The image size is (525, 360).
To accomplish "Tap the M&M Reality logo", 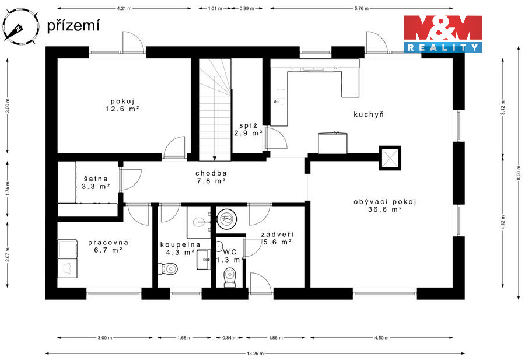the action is point(443,33).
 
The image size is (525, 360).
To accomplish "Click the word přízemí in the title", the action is point(73,26).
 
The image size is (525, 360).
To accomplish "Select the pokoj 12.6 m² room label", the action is point(123,105).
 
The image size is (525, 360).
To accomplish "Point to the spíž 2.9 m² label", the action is point(248,130).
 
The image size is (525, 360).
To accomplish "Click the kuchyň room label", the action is point(369,114).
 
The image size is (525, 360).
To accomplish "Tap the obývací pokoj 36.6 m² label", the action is point(385,205).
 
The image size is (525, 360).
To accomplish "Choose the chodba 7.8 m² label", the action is point(211,177).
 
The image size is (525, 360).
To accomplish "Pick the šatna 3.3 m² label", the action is point(96,183).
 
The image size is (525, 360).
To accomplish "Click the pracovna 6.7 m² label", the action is point(108,246).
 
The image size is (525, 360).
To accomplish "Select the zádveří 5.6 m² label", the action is point(277,238).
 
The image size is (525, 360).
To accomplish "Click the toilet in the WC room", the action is point(230,278).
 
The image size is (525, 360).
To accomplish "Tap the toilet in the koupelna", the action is point(167,268).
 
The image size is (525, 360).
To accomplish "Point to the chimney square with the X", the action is point(390,158).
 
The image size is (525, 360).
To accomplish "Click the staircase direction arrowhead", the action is point(215,158).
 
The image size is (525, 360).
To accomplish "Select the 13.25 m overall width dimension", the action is point(255,354).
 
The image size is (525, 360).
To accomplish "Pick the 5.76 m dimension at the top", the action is point(361,8).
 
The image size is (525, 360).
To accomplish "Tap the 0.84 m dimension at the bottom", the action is point(229,338).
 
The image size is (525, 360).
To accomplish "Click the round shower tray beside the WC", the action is point(228,219).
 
